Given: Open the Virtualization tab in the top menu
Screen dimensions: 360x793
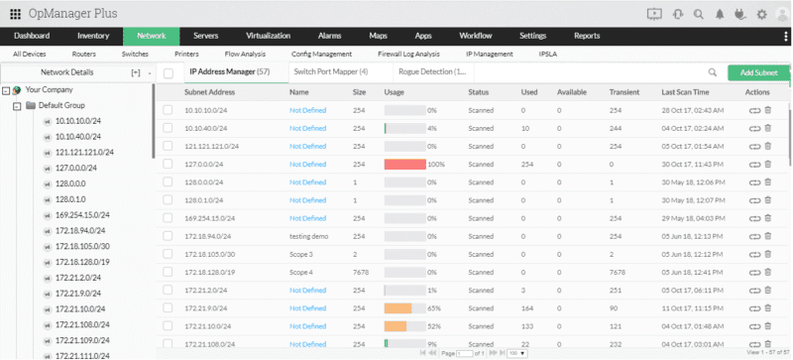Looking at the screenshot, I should point(270,35).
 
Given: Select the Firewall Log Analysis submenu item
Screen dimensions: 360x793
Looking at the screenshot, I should point(408,54).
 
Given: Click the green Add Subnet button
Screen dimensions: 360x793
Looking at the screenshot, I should point(758,72).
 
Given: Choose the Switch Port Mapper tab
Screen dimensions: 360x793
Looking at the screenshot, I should point(330,71).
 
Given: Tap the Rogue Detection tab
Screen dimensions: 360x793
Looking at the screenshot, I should point(431,71).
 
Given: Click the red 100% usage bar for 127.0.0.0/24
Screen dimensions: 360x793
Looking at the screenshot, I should point(403,164).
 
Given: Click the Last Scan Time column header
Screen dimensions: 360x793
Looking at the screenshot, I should point(683,91).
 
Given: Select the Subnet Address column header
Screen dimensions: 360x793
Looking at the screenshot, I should point(209,91).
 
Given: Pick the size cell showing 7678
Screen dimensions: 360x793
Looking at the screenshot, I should point(360,272).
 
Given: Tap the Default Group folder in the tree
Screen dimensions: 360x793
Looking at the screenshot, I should point(60,104).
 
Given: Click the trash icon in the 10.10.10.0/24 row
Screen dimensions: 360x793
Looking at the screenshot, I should point(768,110).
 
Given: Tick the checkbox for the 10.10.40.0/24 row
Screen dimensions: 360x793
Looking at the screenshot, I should point(169,128).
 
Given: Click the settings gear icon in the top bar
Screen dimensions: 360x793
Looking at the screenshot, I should point(761,14).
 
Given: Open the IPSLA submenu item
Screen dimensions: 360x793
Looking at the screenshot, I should point(548,54).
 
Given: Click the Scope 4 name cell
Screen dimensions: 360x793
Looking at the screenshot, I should point(301,272).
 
